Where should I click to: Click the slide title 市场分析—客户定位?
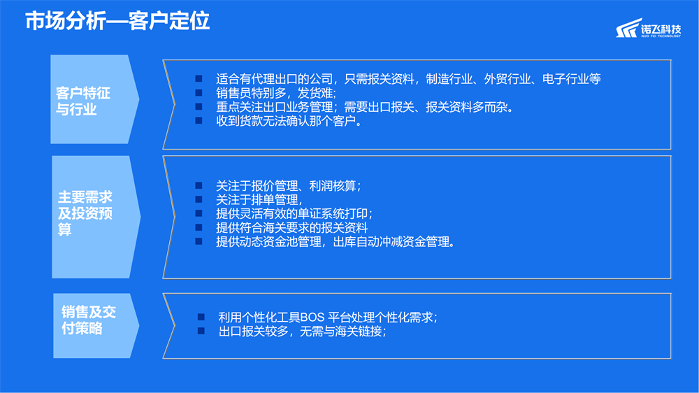[x=117, y=21]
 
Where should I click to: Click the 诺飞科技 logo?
[x=649, y=29]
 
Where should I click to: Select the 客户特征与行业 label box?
[x=94, y=99]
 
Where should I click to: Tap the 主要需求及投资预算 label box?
[x=96, y=217]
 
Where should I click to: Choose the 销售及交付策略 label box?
[x=96, y=326]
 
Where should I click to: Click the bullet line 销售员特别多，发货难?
[x=276, y=93]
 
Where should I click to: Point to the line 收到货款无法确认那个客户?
[x=289, y=121]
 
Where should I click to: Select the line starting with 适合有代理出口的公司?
[x=408, y=79]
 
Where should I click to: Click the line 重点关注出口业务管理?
[x=365, y=107]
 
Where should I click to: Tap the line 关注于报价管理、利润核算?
[x=289, y=185]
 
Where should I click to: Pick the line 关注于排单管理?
[x=259, y=199]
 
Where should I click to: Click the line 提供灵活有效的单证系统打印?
[x=295, y=214]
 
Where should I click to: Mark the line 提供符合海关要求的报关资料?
[x=292, y=227]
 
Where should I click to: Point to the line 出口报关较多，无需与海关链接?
[x=303, y=331]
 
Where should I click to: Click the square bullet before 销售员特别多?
[x=199, y=93]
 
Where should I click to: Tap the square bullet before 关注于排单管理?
[x=199, y=199]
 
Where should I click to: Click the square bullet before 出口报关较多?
[x=201, y=331]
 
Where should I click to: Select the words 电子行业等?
[x=572, y=79]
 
